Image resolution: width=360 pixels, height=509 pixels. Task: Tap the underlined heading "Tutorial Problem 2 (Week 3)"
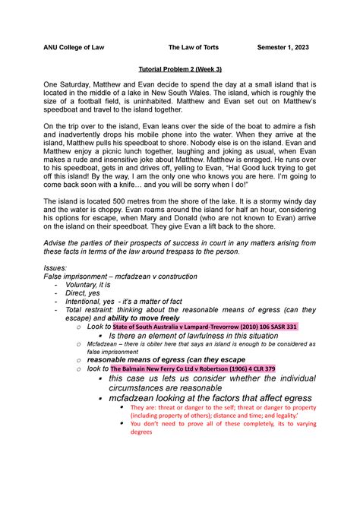click(180, 68)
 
